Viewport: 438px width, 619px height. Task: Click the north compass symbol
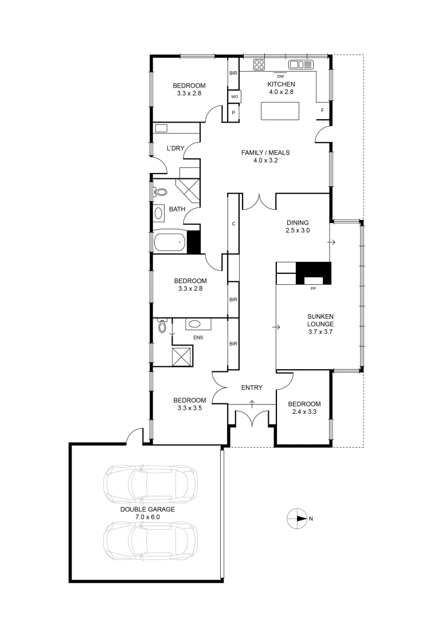296,518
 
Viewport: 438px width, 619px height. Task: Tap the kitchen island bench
280,111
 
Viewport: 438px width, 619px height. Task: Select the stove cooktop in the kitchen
259,64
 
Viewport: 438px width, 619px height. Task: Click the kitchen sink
300,64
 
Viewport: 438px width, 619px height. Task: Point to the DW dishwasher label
280,77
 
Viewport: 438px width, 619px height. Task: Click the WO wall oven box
234,97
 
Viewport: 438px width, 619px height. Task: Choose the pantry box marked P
234,113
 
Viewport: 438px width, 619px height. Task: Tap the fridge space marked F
323,110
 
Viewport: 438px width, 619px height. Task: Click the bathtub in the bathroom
170,242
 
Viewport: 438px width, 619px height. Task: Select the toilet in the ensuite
162,327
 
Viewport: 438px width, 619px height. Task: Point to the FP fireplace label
313,288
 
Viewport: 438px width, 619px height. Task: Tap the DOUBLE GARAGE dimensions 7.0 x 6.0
147,516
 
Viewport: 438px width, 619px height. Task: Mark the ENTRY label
252,388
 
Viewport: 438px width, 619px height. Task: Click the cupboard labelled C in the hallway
233,224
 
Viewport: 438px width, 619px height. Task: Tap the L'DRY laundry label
175,148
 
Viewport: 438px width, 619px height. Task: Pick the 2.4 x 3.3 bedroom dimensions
304,412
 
